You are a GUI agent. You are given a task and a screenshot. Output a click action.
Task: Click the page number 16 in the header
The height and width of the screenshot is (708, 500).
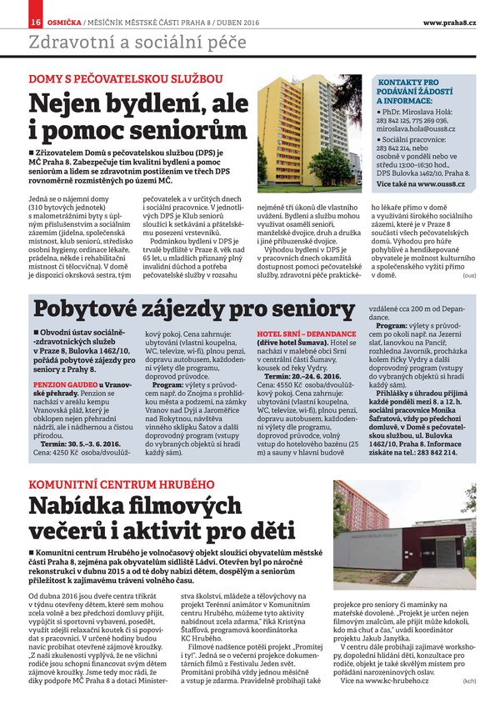click(12, 21)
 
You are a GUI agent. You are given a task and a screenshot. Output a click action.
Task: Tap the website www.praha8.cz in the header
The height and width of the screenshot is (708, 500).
click(449, 21)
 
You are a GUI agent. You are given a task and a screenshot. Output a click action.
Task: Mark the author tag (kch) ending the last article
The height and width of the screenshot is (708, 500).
click(469, 681)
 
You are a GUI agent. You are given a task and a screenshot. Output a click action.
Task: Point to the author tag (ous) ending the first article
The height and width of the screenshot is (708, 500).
click(469, 274)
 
